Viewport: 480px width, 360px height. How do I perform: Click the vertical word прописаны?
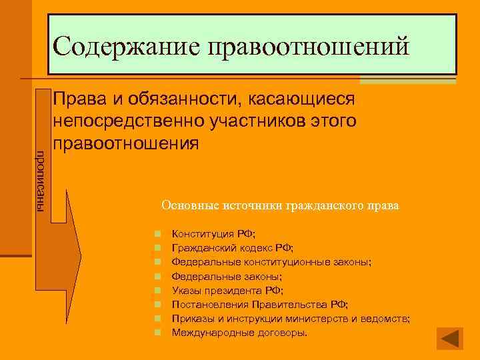click(x=40, y=180)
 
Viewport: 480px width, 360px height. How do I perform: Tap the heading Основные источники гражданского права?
click(x=280, y=206)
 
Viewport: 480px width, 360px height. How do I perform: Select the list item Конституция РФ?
click(x=213, y=234)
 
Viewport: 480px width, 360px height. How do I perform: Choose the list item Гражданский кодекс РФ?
click(x=232, y=248)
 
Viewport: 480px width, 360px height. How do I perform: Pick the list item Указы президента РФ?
click(x=227, y=290)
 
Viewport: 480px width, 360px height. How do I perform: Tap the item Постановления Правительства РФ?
click(x=259, y=304)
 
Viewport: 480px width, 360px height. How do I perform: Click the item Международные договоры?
click(x=239, y=332)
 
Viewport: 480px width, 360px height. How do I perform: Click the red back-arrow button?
click(x=449, y=338)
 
